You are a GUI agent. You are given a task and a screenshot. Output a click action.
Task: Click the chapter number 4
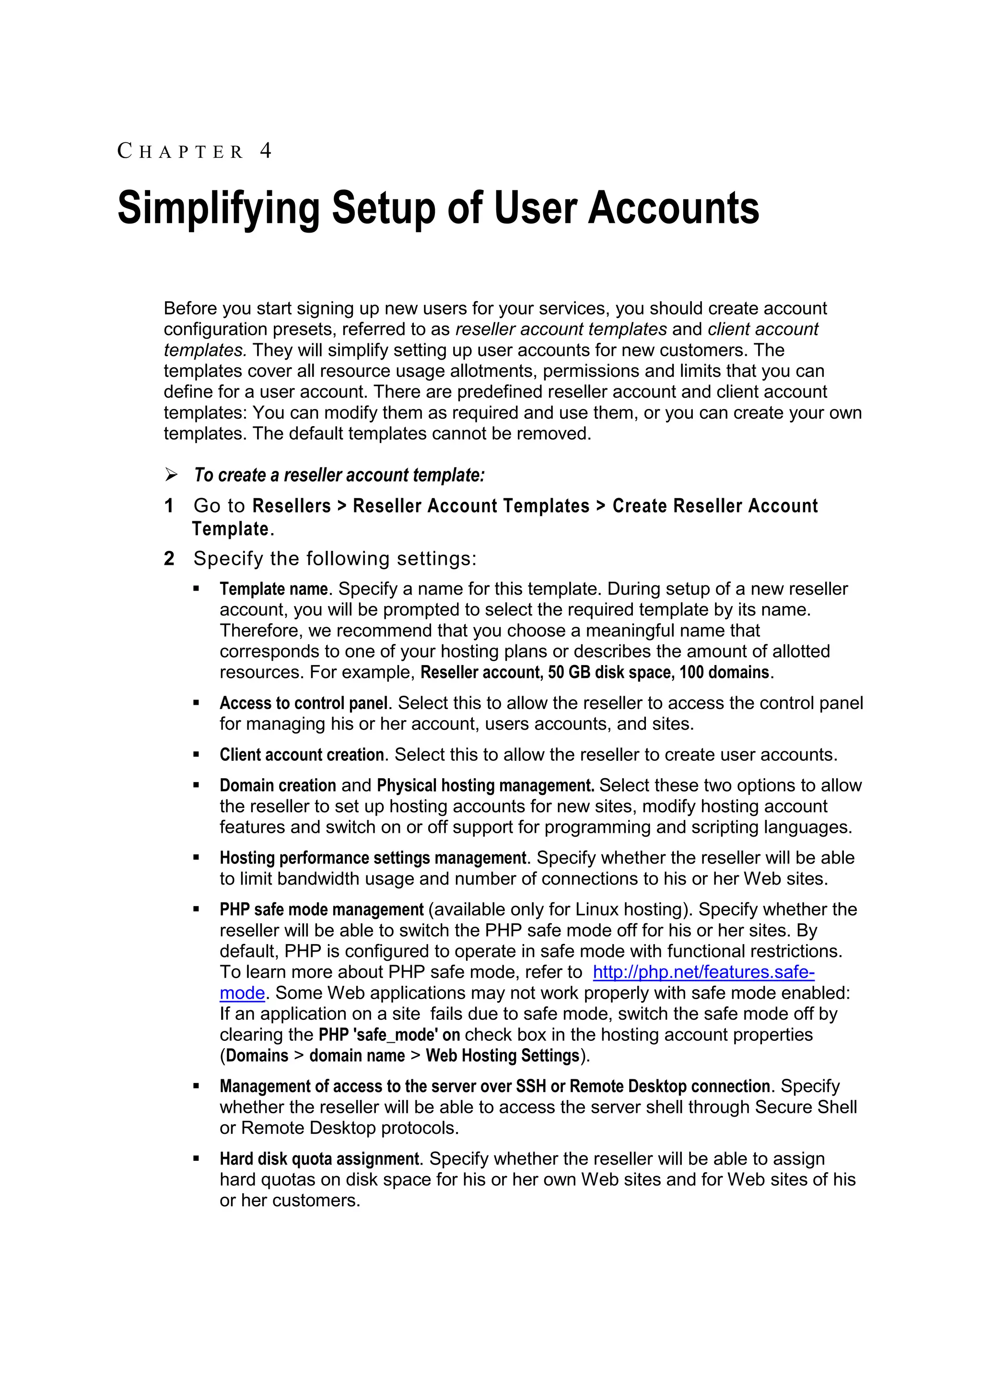266,151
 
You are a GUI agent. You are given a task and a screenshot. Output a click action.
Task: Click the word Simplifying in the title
218,209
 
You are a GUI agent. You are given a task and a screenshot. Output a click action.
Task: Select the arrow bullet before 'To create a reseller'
171,475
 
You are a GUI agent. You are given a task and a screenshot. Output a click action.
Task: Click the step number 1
169,506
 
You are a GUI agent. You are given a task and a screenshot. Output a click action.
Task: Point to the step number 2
169,559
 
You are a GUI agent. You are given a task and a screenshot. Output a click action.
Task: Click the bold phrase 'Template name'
273,589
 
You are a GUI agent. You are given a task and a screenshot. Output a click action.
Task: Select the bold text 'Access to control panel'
303,703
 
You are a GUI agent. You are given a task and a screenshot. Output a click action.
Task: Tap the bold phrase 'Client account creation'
302,755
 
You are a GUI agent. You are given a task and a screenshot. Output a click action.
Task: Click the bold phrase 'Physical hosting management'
485,786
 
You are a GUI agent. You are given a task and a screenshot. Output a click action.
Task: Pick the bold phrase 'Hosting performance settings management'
373,858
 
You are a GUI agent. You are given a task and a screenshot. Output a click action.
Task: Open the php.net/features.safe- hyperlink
703,972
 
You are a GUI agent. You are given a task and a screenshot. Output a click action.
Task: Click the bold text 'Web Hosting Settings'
503,1056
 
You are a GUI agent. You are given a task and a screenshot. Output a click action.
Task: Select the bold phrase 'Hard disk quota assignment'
319,1159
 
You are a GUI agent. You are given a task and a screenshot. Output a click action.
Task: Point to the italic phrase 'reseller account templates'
561,329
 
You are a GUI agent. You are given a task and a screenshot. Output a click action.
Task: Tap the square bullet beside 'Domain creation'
196,785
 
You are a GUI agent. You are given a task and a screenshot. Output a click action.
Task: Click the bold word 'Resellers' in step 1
292,506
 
